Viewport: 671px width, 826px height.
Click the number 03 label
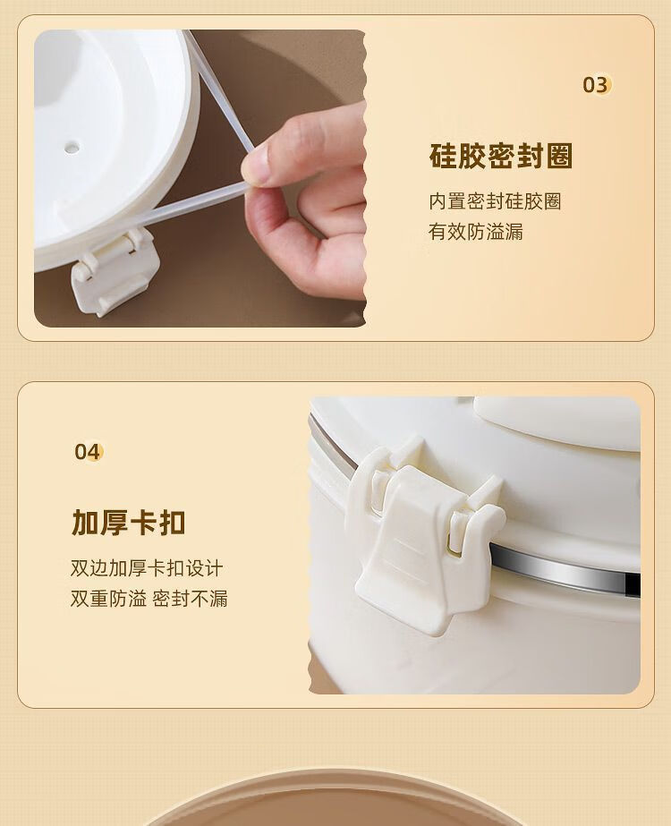coord(595,85)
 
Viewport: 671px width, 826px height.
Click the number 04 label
coord(87,451)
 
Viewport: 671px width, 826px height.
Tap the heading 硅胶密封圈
coord(501,156)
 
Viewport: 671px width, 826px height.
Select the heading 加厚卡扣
coord(129,522)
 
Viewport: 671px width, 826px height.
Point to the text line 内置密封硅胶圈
coord(495,200)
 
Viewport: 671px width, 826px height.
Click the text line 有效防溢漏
coord(476,231)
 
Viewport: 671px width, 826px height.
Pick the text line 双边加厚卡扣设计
coord(147,568)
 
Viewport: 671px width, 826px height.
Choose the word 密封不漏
coord(191,599)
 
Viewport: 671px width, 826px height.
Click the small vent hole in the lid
coord(72,145)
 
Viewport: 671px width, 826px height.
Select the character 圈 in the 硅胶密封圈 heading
coord(559,156)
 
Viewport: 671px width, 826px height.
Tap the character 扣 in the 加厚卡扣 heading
coord(172,522)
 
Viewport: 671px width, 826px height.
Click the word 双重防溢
coord(108,599)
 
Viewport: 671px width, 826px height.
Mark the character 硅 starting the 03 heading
coord(444,156)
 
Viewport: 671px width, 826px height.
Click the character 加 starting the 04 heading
coord(85,522)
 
